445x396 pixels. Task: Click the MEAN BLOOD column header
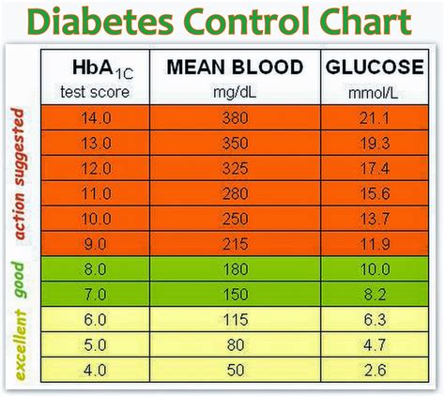(x=234, y=69)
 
